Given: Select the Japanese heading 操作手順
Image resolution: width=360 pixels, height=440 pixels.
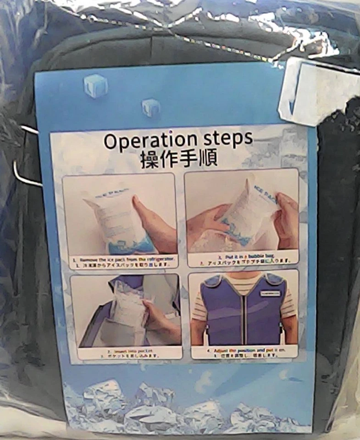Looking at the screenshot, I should tap(179, 159).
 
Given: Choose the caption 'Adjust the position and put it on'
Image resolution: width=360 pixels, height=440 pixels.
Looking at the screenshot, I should tap(244, 351).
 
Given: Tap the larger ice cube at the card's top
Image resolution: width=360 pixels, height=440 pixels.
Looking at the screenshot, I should tap(95, 85).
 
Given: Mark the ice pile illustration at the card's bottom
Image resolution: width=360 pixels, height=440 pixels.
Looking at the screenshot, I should tap(183, 406).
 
